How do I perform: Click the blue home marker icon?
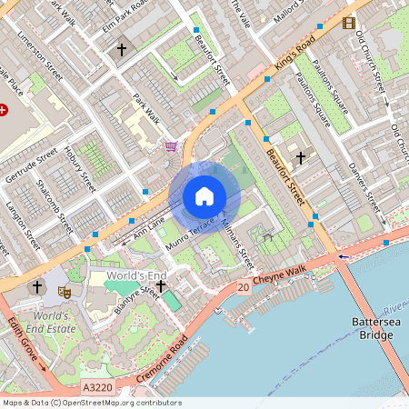pos(204,196)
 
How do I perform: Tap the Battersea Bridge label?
pos(373,329)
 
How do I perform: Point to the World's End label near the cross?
pos(136,275)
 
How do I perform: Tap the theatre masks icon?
pos(65,292)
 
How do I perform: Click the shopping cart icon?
pos(171,146)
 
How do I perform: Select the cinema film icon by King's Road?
pos(349,22)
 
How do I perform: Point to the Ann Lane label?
pos(149,229)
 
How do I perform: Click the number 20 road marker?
pos(243,288)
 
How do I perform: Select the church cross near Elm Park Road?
pos(122,50)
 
